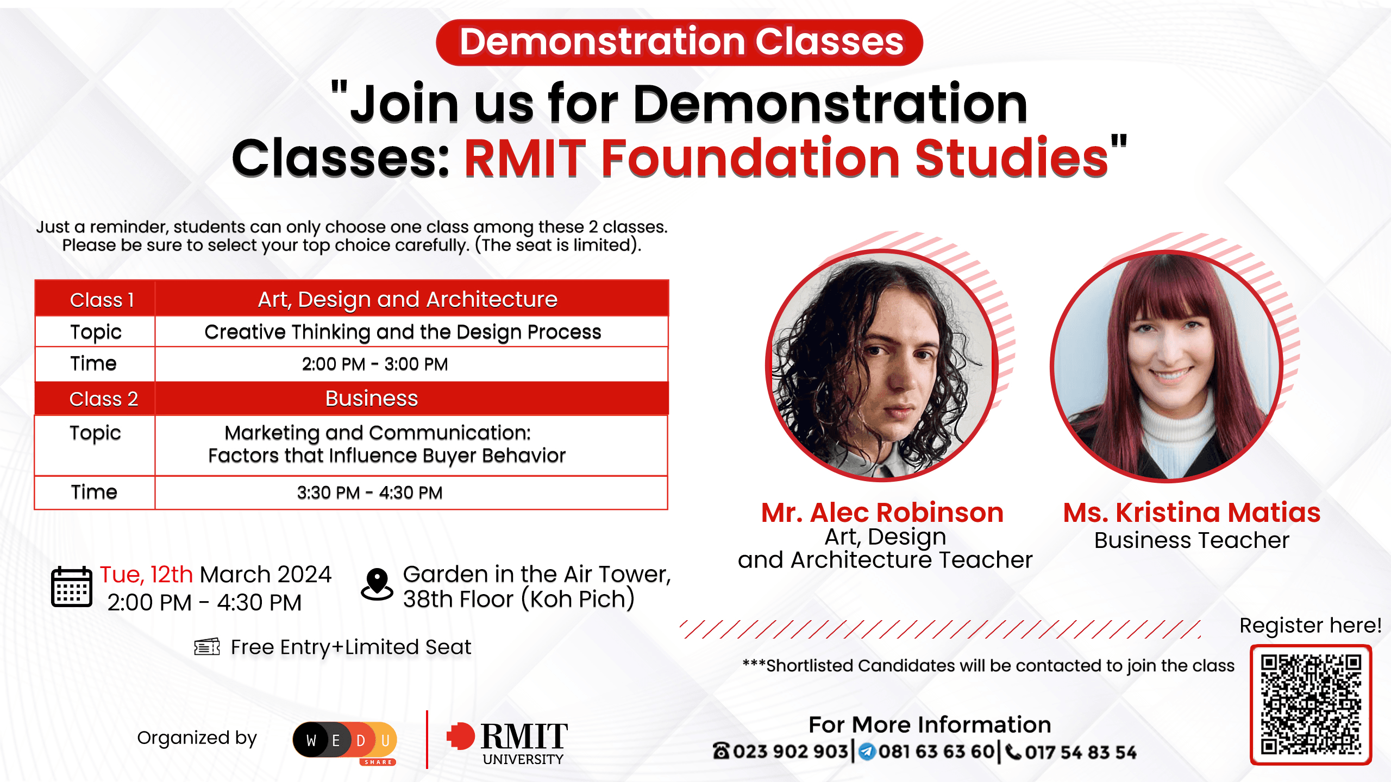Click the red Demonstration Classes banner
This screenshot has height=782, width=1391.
coord(679,42)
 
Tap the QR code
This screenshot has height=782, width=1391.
coord(1311,704)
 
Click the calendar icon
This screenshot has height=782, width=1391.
coord(72,586)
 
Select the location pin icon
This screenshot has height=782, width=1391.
coord(377,584)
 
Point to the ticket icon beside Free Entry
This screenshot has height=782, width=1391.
coord(207,647)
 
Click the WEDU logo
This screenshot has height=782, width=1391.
coord(344,741)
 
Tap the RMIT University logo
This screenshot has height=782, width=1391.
coord(507,742)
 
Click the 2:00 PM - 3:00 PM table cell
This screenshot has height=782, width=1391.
coord(375,364)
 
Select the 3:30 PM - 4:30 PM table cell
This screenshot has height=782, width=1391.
coord(369,493)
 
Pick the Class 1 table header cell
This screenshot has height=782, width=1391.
coord(102,300)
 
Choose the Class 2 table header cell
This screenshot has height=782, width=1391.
coord(103,399)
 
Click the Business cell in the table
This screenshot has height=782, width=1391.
coord(372,399)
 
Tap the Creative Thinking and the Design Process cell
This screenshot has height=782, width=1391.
coord(403,332)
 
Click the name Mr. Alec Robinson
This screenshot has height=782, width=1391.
coord(882,513)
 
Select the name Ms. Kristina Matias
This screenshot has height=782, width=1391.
coord(1192,513)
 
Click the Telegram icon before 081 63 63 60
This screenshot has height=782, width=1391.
coord(867,752)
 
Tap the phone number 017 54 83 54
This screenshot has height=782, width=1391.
coord(1080,752)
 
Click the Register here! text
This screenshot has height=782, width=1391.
coord(1310,626)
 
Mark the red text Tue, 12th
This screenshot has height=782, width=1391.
coord(146,575)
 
